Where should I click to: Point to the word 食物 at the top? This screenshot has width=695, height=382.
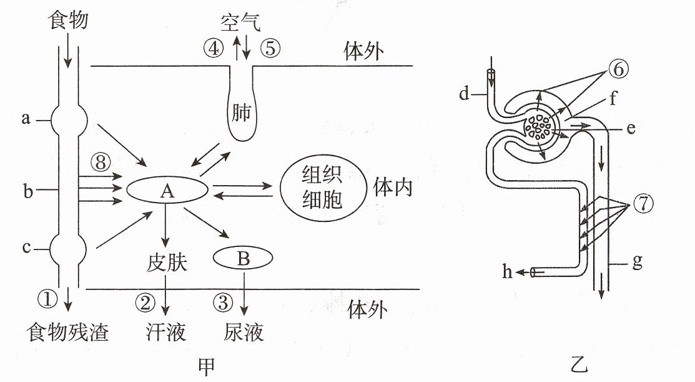pos(68,20)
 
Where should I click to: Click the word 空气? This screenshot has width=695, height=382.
pos(240,22)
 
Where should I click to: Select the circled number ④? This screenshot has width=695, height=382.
pos(214,48)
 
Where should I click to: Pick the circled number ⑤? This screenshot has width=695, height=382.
pos(270,48)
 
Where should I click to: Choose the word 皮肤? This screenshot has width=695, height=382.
pos(167,263)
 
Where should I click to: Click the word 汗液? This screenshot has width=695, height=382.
pos(165,332)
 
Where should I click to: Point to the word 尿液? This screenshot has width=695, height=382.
pos(244,332)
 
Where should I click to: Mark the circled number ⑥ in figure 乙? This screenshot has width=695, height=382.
pos(619,69)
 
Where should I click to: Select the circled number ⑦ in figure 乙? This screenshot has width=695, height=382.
pos(643,204)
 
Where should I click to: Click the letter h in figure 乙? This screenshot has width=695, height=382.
pos(508,271)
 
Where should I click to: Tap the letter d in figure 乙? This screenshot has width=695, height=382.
pos(464,93)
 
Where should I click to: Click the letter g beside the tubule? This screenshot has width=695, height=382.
pos(638,262)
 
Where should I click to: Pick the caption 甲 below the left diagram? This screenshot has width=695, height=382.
pos(206,366)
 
